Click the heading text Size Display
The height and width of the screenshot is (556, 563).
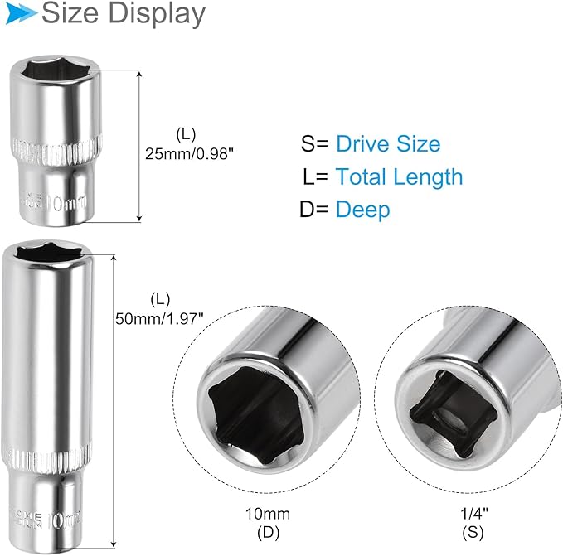coord(123,14)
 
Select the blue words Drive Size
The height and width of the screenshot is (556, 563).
coord(387,143)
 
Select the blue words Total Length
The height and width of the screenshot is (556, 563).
coord(399,176)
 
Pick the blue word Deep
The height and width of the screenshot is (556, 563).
coord(362,210)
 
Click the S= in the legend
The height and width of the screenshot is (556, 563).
coord(314,143)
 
